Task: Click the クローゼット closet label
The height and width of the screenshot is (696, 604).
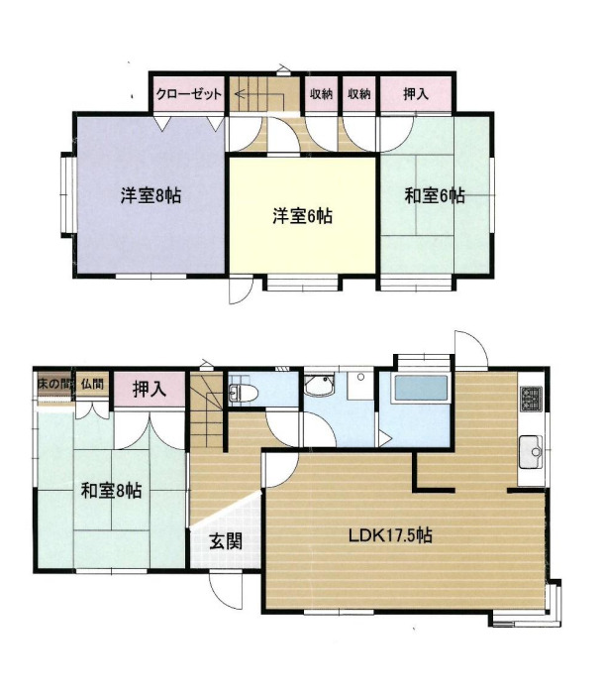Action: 189,94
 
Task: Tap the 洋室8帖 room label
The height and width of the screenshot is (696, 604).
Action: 151,195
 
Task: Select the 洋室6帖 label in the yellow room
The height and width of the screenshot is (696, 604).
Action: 302,216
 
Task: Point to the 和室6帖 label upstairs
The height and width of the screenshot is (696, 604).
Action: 435,195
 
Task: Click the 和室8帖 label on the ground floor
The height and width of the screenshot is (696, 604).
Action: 111,491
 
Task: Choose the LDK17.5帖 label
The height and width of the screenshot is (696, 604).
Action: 390,535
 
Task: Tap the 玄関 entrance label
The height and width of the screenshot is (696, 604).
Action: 226,541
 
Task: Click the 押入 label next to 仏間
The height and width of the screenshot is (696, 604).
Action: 150,390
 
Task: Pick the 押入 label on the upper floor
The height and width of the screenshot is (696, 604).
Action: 416,93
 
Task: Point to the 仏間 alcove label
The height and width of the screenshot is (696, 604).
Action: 92,384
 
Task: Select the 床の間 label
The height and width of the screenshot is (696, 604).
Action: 54,384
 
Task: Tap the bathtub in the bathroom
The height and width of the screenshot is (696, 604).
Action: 421,389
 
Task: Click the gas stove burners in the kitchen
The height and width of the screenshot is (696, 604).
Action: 532,399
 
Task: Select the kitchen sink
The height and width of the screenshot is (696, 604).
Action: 531,452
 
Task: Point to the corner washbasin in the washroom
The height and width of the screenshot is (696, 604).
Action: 318,385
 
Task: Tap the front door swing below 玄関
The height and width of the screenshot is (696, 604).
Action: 226,590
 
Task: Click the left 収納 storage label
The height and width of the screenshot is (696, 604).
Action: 321,94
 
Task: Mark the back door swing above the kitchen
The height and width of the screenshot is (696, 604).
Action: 471,349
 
